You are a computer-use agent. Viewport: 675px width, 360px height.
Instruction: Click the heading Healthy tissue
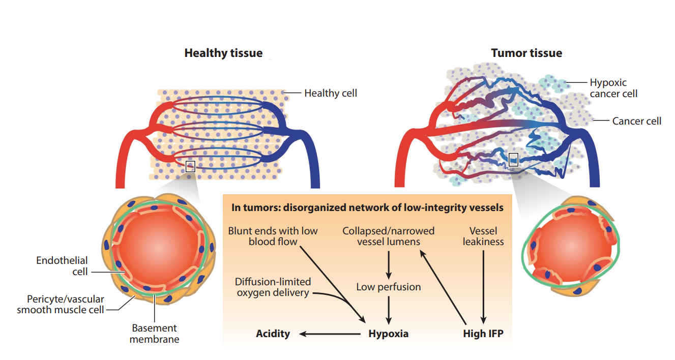pyautogui.click(x=223, y=53)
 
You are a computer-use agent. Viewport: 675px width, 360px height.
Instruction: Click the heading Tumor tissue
pyautogui.click(x=526, y=53)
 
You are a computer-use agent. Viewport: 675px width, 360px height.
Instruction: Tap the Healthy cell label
pyautogui.click(x=331, y=93)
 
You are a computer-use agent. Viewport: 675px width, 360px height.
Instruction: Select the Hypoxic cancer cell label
pyautogui.click(x=613, y=88)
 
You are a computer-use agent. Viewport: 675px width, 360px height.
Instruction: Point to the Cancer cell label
pyautogui.click(x=636, y=121)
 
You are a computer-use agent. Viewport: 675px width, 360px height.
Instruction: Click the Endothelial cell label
pyautogui.click(x=62, y=266)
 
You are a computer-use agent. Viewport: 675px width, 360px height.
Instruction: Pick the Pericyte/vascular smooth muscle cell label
pyautogui.click(x=60, y=304)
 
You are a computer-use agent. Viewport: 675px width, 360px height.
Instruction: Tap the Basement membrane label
pyautogui.click(x=154, y=334)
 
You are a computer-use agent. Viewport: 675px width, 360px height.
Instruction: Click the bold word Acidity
pyautogui.click(x=273, y=334)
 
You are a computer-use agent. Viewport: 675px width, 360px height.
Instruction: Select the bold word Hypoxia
pyautogui.click(x=388, y=334)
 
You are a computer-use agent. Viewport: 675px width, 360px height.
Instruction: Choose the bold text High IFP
pyautogui.click(x=483, y=334)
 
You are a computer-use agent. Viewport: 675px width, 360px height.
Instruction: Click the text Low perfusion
pyautogui.click(x=389, y=287)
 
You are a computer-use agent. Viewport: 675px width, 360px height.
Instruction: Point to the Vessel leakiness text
pyautogui.click(x=483, y=236)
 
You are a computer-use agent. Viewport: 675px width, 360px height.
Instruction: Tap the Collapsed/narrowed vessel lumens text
pyautogui.click(x=389, y=236)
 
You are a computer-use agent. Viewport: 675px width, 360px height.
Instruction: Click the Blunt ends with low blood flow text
pyautogui.click(x=273, y=236)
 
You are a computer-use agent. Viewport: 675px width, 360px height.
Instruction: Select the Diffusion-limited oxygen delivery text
pyautogui.click(x=273, y=287)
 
